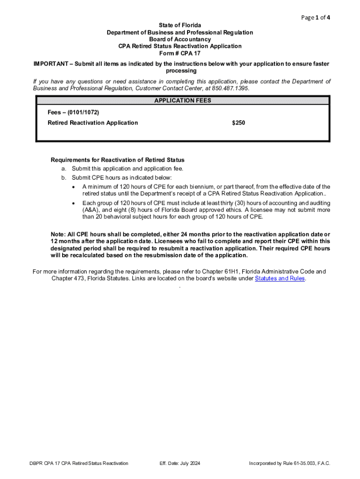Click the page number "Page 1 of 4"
tap(316, 18)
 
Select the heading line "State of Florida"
tap(180, 25)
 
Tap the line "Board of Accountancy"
tap(180, 39)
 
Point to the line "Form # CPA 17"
tap(180, 53)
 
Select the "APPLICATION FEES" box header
tap(182, 101)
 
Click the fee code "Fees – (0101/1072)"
tap(73, 113)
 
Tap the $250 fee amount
tap(238, 123)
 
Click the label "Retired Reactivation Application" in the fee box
tap(93, 123)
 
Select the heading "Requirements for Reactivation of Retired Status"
tap(117, 160)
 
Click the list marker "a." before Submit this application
tap(64, 169)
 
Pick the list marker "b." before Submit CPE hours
tap(64, 178)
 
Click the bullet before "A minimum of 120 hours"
tap(74, 187)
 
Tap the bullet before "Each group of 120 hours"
tap(74, 203)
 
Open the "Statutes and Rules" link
tap(280, 279)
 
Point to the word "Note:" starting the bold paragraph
tap(58, 234)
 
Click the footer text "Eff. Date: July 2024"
tap(180, 464)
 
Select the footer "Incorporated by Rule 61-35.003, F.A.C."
tap(289, 464)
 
